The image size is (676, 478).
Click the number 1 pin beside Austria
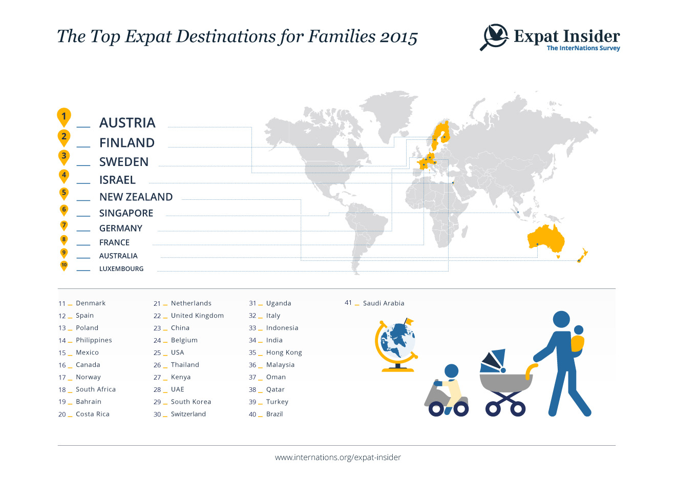(64, 117)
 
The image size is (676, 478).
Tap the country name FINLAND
(127, 143)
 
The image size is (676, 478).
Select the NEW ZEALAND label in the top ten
(136, 197)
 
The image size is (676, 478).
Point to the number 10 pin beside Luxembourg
(64, 266)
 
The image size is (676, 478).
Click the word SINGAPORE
(126, 213)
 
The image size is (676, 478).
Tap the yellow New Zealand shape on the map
(583, 255)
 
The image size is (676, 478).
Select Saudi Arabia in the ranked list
(384, 303)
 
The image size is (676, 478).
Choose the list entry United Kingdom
(197, 316)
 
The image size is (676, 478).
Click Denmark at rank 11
(91, 303)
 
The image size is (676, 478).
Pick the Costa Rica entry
(93, 414)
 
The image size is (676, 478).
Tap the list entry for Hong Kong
(284, 352)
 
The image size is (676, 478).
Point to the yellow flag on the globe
(410, 321)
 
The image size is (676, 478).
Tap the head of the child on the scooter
(452, 371)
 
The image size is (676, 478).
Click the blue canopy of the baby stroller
(493, 361)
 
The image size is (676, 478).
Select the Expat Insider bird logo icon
(494, 37)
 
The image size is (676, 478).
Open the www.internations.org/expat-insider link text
(337, 458)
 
